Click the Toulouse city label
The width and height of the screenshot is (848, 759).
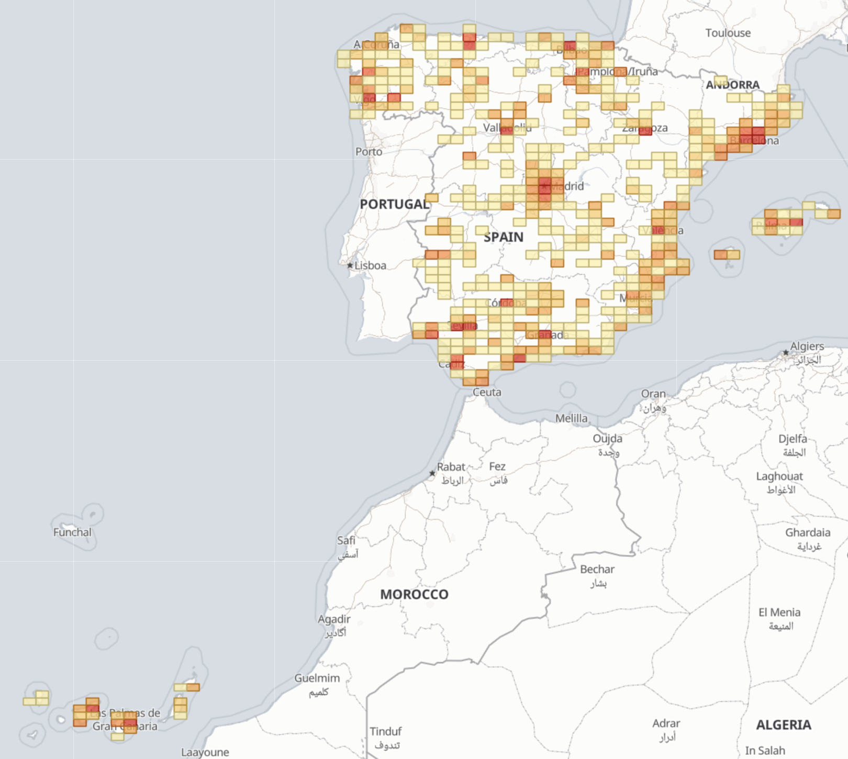[728, 33]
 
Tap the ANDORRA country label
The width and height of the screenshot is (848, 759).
[732, 85]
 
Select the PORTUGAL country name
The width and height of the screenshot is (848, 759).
[394, 204]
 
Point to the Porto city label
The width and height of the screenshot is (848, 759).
[369, 152]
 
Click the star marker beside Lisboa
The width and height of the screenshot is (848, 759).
[350, 265]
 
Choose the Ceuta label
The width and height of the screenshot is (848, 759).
[487, 392]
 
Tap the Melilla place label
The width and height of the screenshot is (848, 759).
[571, 418]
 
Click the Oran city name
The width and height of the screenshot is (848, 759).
[653, 394]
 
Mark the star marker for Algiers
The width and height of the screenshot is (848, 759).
[786, 353]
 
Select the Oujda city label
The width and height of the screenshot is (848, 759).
[607, 439]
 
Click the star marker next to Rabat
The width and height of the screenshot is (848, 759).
[432, 473]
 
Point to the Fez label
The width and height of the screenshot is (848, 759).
[497, 466]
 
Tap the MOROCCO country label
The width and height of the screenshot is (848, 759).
[414, 595]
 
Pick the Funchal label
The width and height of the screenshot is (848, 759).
[72, 532]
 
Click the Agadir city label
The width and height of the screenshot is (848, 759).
[334, 619]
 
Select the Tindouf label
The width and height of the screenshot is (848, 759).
[386, 731]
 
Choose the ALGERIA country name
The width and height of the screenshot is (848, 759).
[783, 725]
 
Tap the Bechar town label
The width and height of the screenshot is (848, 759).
[597, 570]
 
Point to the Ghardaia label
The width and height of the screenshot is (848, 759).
[807, 533]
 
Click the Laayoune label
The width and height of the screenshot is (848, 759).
[205, 752]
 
